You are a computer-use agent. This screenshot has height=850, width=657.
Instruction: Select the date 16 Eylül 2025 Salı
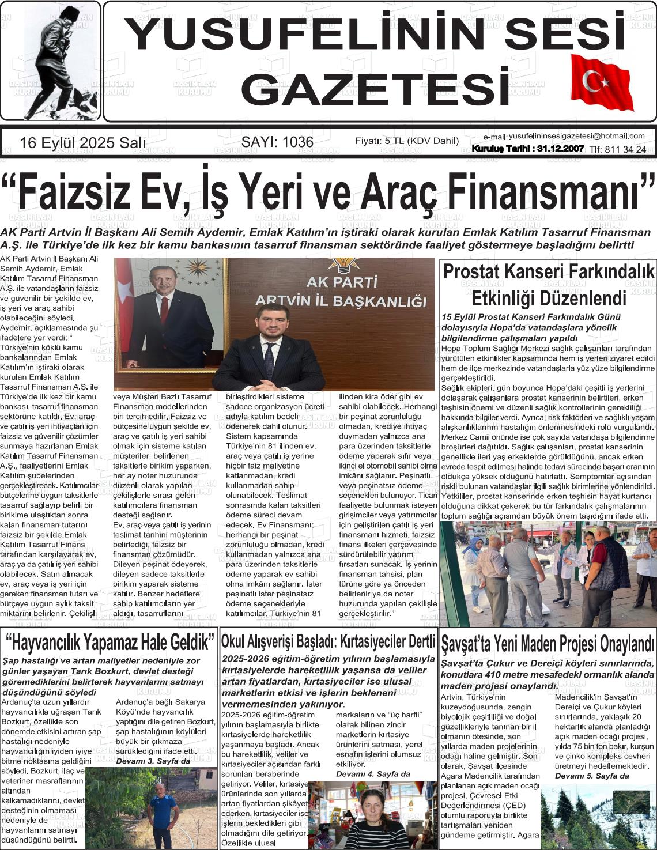click(x=82, y=143)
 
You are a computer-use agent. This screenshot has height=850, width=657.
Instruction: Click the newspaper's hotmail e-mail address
click(x=576, y=136)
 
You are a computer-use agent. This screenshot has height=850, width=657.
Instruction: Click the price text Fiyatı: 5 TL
click(x=380, y=141)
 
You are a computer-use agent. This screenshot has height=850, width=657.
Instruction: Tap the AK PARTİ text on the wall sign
click(x=342, y=282)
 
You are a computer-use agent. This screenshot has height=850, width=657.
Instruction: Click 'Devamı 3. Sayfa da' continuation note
click(x=153, y=761)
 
